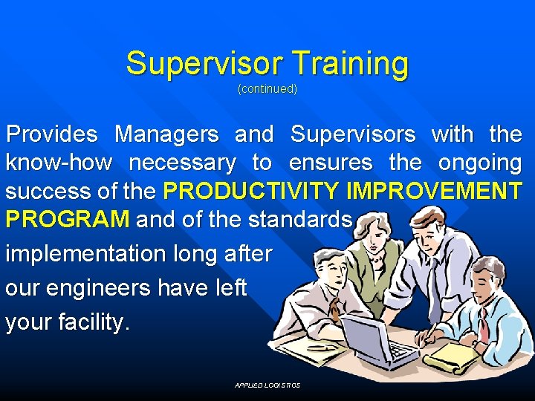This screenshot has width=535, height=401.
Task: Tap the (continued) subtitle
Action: [x=267, y=89]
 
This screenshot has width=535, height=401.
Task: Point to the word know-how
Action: [x=59, y=163]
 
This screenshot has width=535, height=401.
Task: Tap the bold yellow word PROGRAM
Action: [x=68, y=220]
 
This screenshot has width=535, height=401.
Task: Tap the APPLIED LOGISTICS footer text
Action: [x=267, y=385]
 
